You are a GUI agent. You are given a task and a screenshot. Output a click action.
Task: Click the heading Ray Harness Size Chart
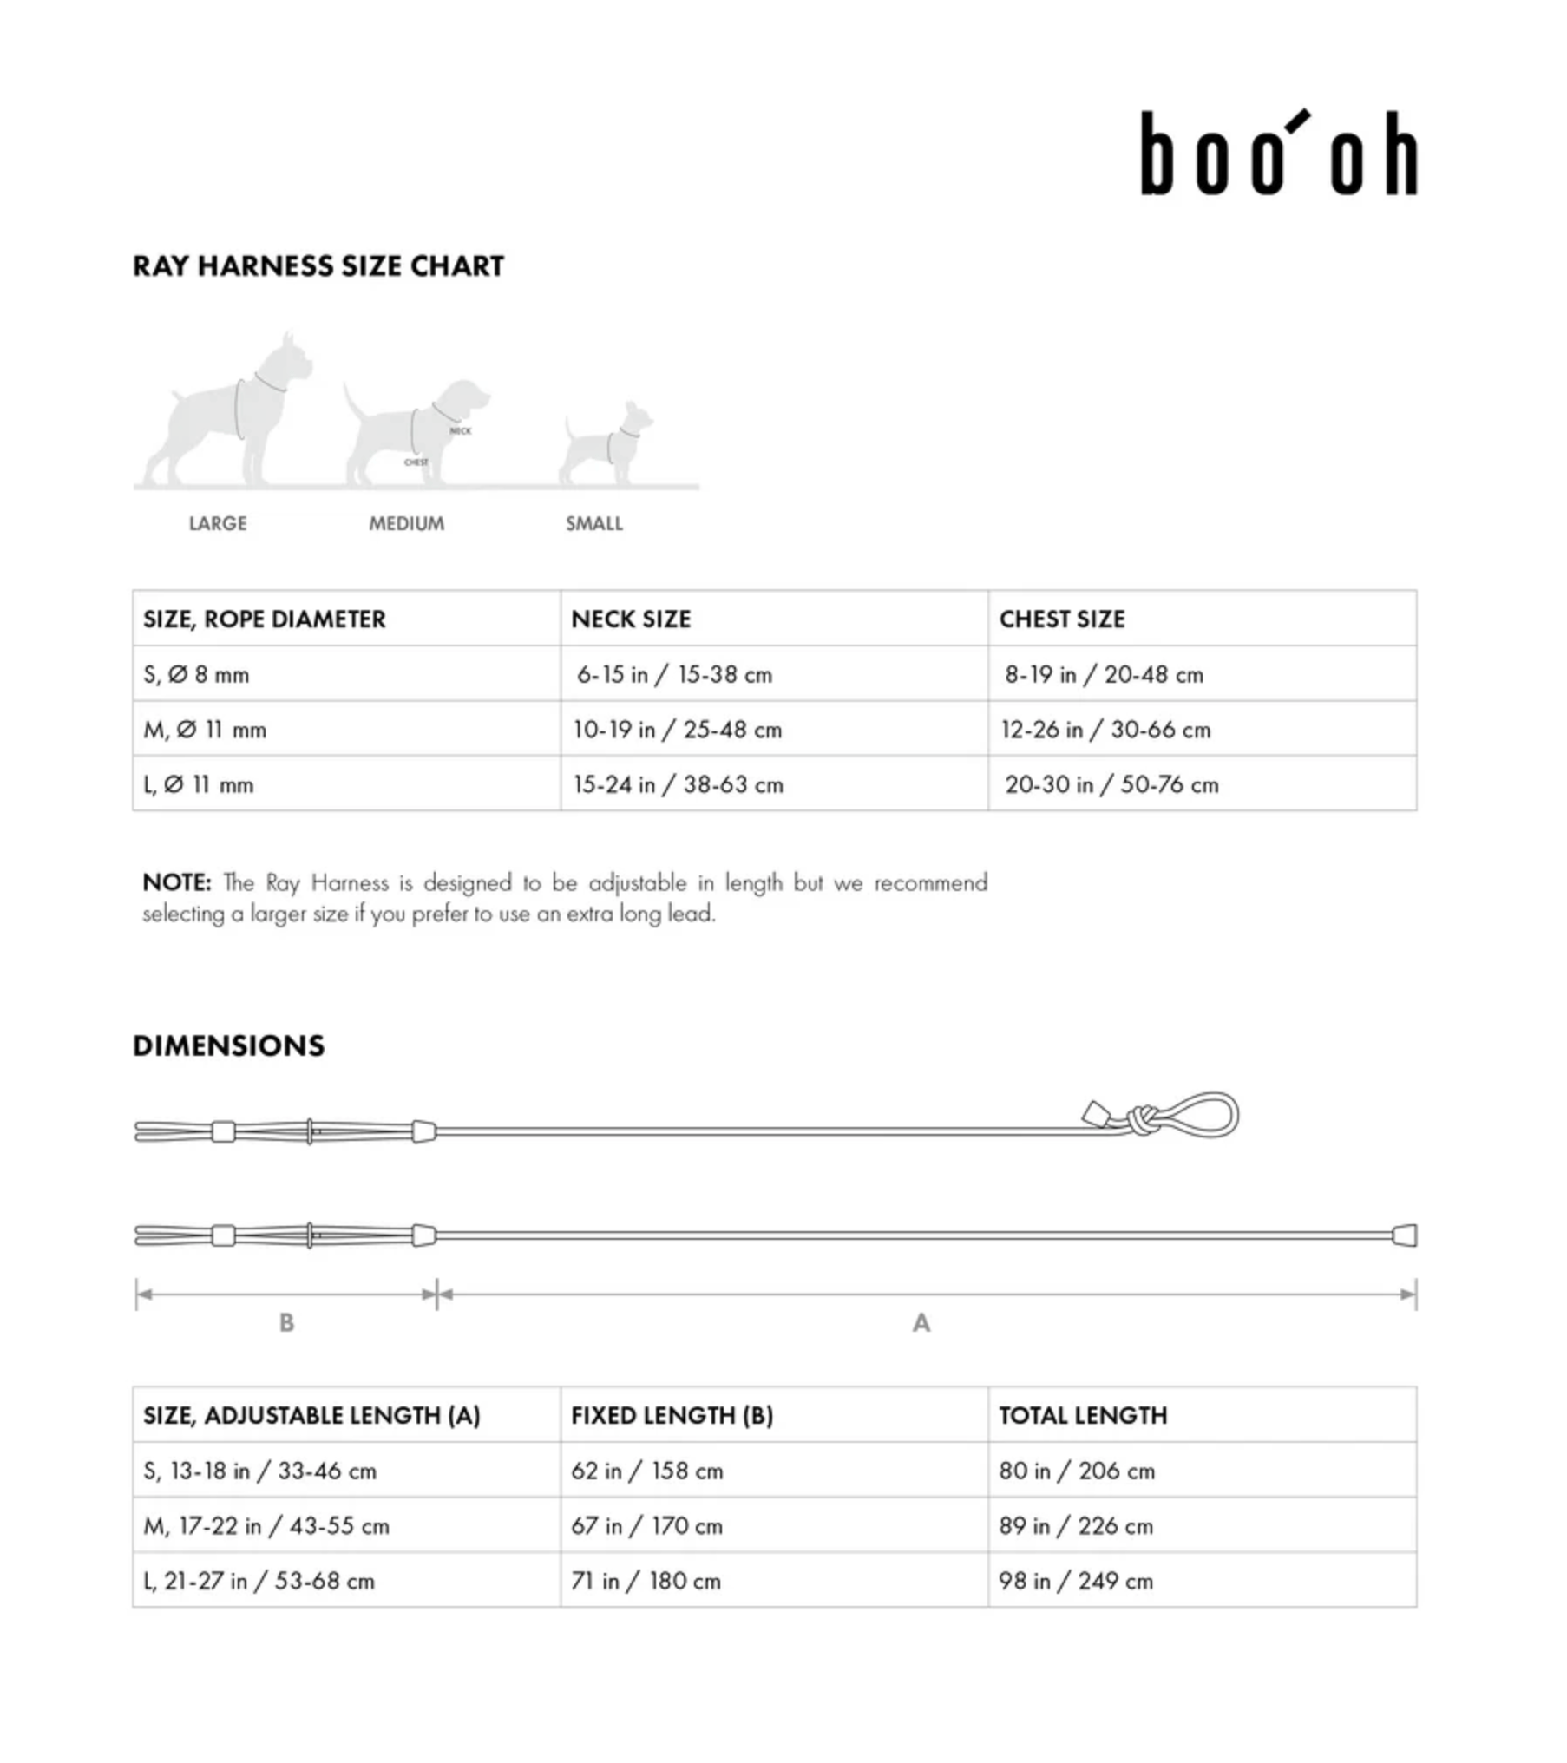click(318, 265)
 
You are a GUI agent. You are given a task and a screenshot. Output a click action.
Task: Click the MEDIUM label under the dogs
click(406, 523)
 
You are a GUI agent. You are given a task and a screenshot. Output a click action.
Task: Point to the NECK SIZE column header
click(631, 619)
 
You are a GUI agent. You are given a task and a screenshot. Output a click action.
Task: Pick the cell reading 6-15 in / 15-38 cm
click(674, 674)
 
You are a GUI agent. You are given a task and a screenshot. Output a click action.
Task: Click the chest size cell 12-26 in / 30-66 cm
click(1105, 730)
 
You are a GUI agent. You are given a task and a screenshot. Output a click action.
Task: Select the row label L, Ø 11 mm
click(199, 784)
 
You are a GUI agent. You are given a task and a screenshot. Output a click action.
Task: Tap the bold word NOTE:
click(177, 882)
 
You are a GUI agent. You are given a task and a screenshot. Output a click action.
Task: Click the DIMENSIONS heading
click(228, 1045)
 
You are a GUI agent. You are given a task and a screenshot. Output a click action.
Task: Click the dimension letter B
click(286, 1322)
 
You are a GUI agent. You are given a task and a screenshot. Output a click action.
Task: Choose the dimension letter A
click(921, 1322)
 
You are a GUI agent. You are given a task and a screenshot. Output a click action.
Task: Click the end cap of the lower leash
click(1405, 1235)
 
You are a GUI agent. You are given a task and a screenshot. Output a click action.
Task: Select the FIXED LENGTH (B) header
click(672, 1415)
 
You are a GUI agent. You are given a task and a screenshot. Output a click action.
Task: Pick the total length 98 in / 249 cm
click(1075, 1581)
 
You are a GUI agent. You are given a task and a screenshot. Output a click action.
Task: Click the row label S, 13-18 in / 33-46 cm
click(259, 1471)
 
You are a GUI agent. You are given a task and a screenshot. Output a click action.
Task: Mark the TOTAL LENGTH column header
click(1083, 1415)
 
